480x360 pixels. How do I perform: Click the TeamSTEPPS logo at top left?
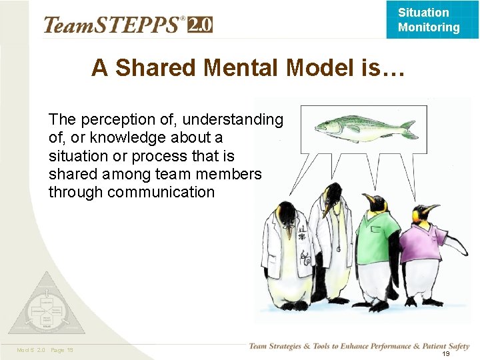click(x=113, y=25)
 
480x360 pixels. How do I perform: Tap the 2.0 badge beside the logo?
click(x=200, y=25)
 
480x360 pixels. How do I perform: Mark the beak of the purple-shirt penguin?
click(x=434, y=210)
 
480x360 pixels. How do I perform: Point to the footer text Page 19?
click(x=61, y=350)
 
